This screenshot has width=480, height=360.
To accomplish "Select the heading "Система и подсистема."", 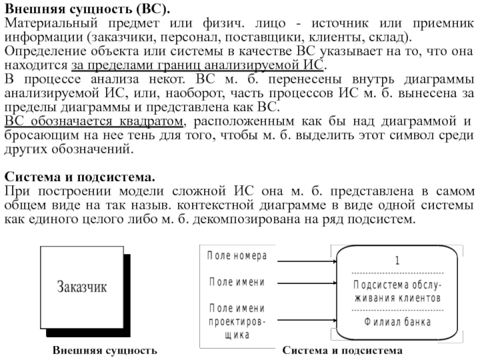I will [x=79, y=179].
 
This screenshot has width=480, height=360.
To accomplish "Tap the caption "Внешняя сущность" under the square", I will [x=104, y=350].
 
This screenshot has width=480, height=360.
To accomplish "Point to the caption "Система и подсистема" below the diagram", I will [x=343, y=350].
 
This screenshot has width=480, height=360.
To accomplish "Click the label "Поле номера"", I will [x=237, y=256].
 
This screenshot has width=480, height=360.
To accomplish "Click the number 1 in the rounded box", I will [x=397, y=261].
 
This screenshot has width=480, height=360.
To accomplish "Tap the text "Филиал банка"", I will [x=397, y=322].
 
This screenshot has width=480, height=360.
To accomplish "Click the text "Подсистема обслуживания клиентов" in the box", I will [x=397, y=291].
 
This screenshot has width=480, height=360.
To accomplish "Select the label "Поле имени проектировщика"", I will [x=237, y=322].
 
